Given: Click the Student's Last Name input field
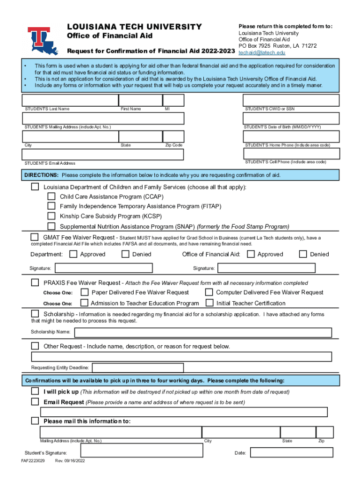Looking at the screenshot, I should [70, 100].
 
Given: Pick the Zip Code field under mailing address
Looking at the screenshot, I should [173, 136].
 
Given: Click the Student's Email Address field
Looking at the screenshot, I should [103, 154].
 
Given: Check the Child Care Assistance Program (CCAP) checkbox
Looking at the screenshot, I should [51, 196].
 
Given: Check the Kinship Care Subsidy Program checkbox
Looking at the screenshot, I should [51, 216].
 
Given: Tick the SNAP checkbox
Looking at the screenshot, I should [51, 226].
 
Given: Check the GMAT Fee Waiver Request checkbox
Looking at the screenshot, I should [35, 237].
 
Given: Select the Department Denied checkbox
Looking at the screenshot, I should [125, 254].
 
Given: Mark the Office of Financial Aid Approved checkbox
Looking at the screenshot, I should [251, 254].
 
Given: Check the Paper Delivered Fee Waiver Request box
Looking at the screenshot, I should [85, 292].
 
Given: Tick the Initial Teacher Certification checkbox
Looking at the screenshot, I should [209, 303].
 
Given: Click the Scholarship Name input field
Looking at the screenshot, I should [203, 333].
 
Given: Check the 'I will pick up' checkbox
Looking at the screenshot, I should [35, 391].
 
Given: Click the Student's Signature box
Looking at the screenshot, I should [141, 451].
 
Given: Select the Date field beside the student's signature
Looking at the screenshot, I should [291, 453].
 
